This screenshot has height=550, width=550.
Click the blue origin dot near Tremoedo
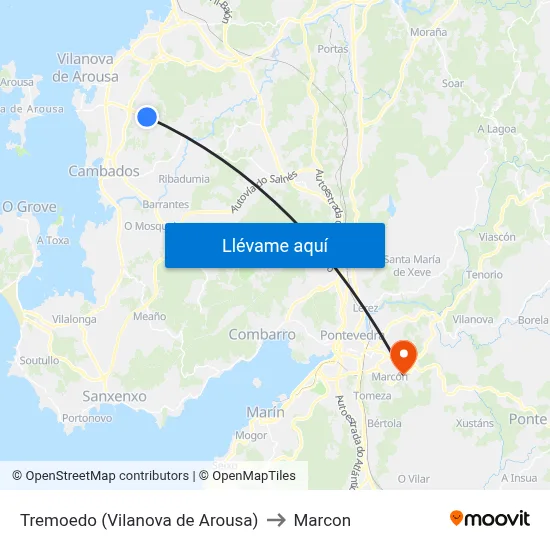tap(147, 117)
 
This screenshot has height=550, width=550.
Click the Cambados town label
tap(104, 171)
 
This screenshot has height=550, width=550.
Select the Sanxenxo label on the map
tap(114, 396)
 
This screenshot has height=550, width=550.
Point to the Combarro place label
tap(261, 335)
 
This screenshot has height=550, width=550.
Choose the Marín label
tap(265, 412)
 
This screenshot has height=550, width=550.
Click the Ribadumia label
tap(184, 179)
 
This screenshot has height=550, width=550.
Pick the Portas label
tap(332, 48)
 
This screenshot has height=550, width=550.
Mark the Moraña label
tap(428, 32)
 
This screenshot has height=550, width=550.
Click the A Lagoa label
tap(495, 129)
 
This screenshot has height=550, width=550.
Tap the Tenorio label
tap(484, 274)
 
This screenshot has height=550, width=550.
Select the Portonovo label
tap(87, 418)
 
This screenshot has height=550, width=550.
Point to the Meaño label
tap(149, 316)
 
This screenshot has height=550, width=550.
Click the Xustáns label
tap(474, 423)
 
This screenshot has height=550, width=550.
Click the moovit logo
tap(490, 518)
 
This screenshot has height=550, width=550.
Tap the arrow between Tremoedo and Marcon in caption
tap(276, 520)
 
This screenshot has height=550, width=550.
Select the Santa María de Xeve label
tap(411, 265)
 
